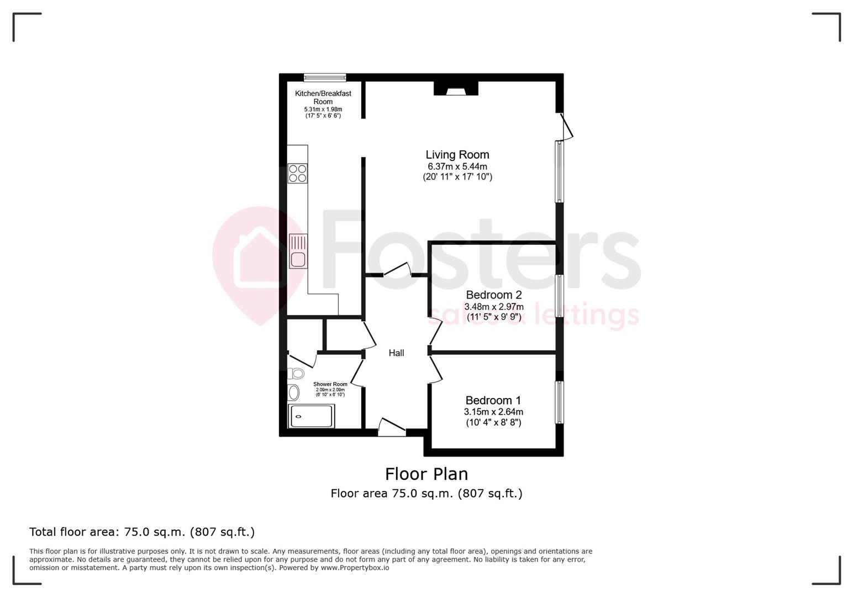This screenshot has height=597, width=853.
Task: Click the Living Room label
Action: pos(457,155)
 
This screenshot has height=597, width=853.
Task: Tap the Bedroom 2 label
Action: pos(493,295)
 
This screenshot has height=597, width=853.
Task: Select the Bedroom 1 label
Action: pos(493,400)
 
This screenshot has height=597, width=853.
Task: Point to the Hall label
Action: pos(396,353)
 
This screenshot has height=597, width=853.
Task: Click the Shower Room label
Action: pos(330,384)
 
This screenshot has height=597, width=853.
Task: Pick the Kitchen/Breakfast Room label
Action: pos(323,97)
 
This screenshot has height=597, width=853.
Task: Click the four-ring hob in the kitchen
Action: pos(298,174)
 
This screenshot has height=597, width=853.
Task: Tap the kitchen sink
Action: pos(298,252)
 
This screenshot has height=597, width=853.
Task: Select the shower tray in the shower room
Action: pos(312,416)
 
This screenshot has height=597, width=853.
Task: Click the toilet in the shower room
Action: pos(296,373)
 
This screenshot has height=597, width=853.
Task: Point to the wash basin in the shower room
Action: pos(294,392)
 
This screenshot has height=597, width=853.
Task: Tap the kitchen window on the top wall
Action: pos(325,77)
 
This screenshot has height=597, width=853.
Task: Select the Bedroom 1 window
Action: pos(559,402)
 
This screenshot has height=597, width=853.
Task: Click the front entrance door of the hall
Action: pos(392,427)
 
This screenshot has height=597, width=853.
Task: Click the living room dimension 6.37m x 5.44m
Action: pos(457,166)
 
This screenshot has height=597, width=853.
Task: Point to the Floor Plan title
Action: pos(426,474)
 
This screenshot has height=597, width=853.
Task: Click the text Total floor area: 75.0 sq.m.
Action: pos(141,532)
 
